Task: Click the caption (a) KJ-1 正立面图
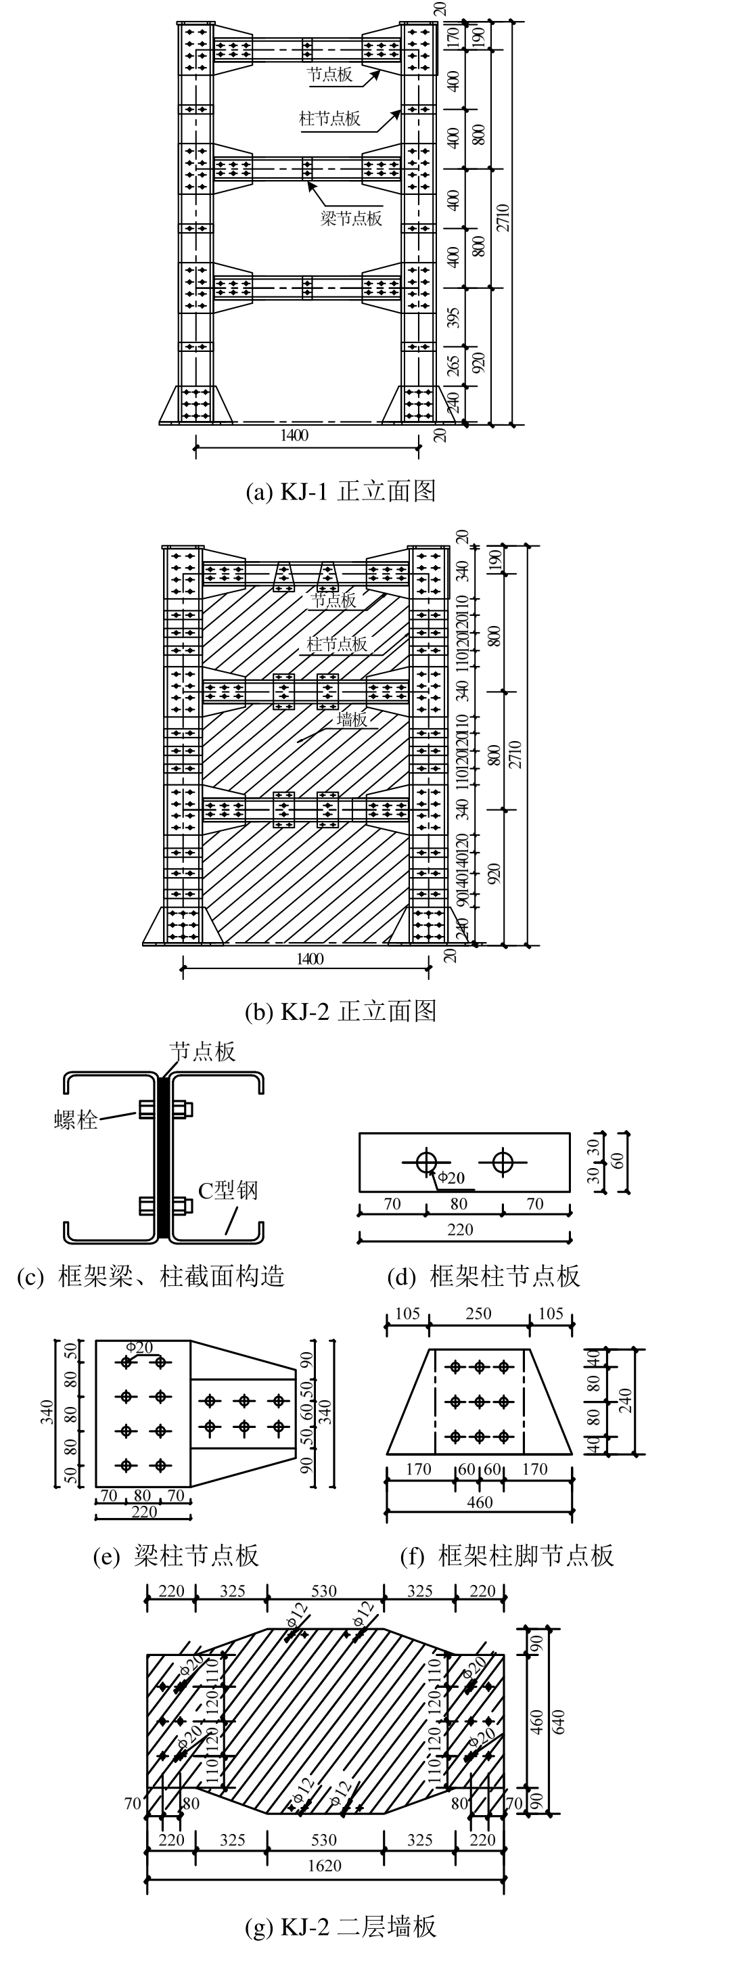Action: (x=340, y=491)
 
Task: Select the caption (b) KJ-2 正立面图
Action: (x=340, y=1012)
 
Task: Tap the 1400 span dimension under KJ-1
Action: (x=294, y=435)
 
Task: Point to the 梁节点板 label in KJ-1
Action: (x=350, y=219)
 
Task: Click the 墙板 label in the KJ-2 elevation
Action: (x=352, y=719)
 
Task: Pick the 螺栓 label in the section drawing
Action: (x=76, y=1120)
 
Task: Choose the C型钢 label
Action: (x=228, y=1190)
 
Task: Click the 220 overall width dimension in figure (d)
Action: (x=460, y=1229)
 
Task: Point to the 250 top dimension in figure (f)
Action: (x=478, y=1314)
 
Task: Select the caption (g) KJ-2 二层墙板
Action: (x=340, y=1927)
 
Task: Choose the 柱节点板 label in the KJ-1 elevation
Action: (x=329, y=119)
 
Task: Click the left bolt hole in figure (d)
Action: (x=426, y=1162)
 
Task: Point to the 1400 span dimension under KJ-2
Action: (x=309, y=959)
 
